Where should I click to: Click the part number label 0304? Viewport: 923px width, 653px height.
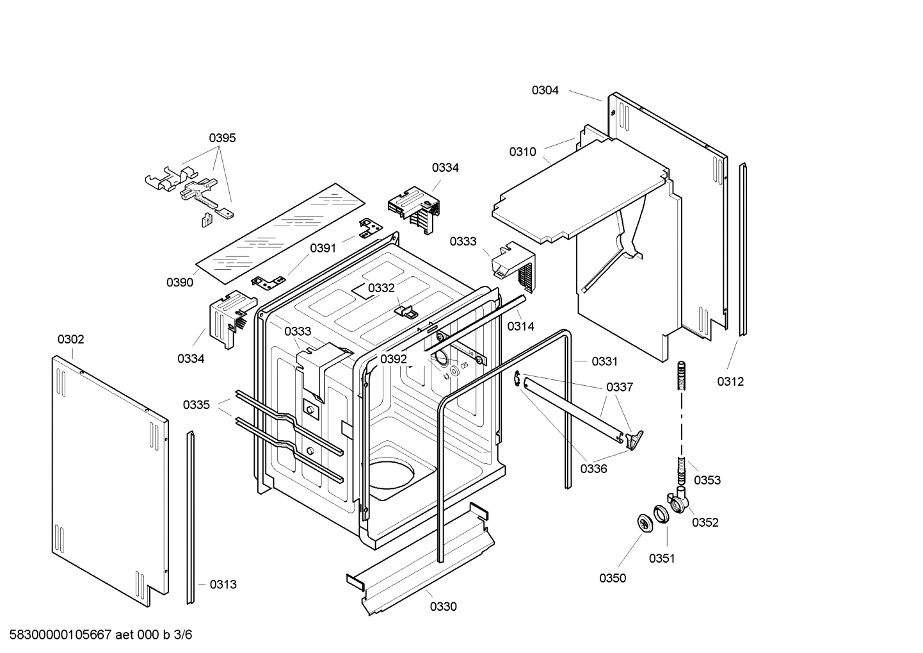pos(545,90)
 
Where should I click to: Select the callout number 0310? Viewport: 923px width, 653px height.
pos(522,152)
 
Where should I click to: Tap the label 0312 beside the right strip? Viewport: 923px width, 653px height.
pos(730,381)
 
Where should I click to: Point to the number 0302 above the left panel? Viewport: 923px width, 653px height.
pos(70,339)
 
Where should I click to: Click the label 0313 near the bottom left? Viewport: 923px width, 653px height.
pos(223,584)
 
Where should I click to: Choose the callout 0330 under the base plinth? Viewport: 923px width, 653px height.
pos(443,606)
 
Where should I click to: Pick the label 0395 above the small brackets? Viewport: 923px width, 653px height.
pos(222,138)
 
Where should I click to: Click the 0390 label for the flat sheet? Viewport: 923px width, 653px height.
pos(180,282)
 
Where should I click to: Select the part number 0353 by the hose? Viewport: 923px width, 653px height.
pos(707,480)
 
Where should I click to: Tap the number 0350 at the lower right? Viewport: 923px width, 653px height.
pos(613,578)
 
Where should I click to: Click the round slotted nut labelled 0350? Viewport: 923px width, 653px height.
pos(644,522)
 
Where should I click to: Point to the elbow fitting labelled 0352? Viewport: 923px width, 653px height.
pos(678,500)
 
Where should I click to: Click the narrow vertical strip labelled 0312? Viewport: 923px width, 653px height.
pos(742,250)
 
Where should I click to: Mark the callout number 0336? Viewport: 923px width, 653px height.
pos(593,468)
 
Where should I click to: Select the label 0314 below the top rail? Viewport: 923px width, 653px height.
pos(520,326)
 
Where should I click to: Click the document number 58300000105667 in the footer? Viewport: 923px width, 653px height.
pos(57,635)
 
